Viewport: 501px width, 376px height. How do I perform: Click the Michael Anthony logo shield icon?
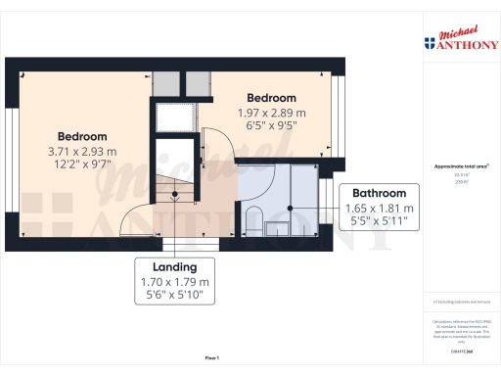(429, 42)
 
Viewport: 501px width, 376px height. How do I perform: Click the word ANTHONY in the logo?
(468, 43)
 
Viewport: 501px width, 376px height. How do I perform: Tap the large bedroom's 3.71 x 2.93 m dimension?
(81, 152)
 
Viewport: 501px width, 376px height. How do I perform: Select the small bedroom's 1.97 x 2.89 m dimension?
(271, 113)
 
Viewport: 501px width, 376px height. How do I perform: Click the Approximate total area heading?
(455, 166)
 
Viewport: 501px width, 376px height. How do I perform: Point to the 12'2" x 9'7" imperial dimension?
(81, 165)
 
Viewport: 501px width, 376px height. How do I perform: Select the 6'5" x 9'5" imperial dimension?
(271, 125)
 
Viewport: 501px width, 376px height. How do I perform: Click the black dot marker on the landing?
(175, 193)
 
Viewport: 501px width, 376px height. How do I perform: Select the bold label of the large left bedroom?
(81, 136)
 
